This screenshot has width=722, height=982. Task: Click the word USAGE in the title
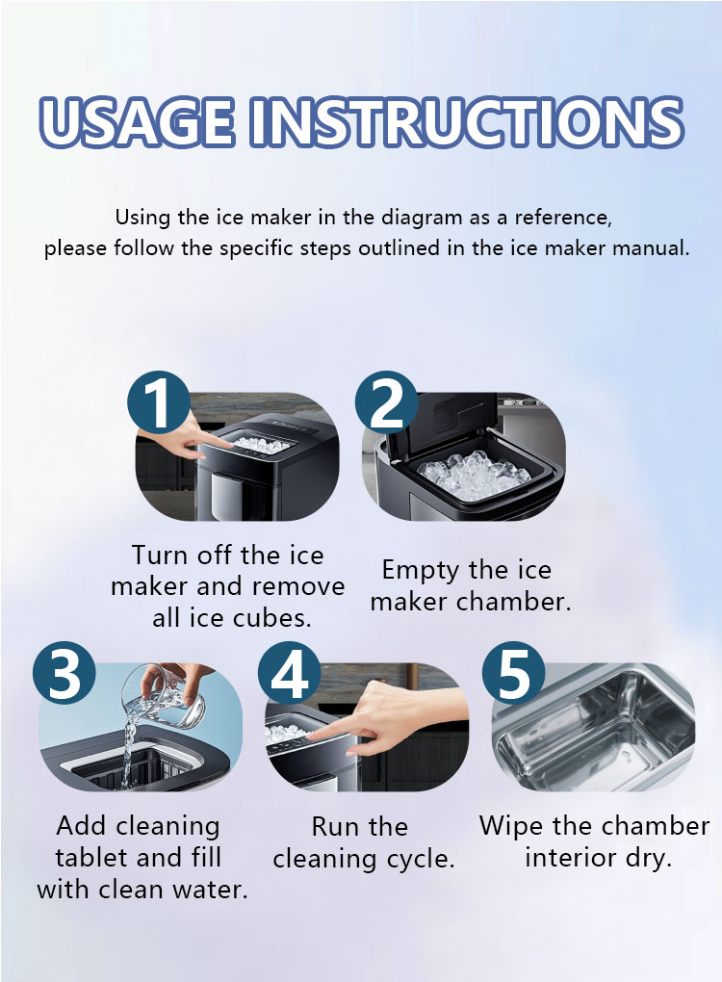[137, 121]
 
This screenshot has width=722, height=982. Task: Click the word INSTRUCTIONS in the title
[467, 121]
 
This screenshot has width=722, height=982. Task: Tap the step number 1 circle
[159, 402]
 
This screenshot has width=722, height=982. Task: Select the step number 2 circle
[386, 402]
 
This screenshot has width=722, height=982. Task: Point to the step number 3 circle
[64, 673]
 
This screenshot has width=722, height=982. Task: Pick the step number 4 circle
[290, 673]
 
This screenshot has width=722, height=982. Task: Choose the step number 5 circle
[513, 673]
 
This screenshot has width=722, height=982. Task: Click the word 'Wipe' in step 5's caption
[510, 827]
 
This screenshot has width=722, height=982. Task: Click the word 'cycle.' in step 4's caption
[420, 859]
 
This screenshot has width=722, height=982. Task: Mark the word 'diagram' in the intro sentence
[422, 218]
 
